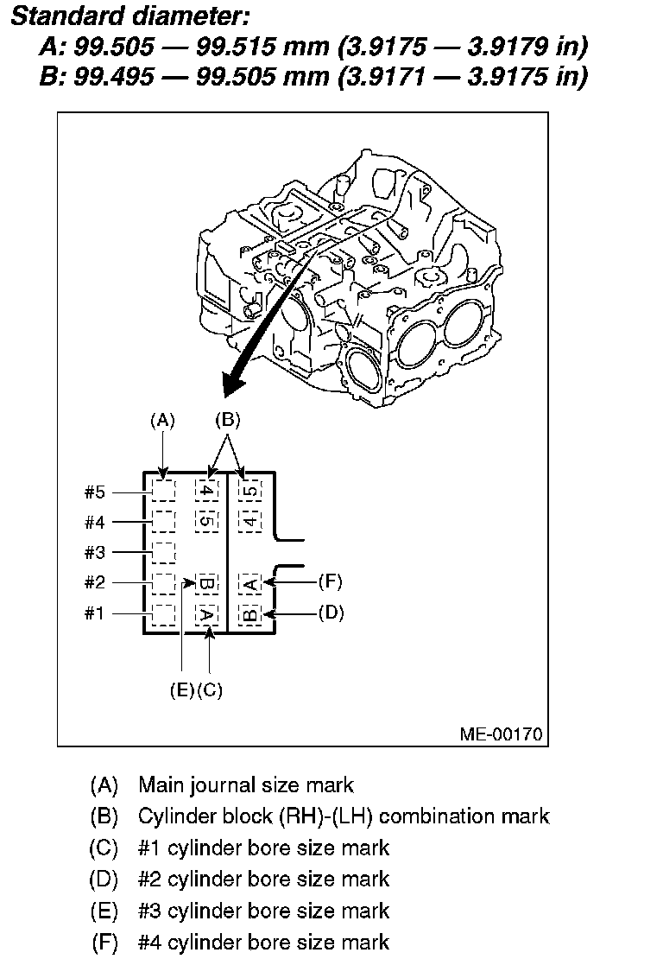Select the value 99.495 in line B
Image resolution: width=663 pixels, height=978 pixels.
(116, 77)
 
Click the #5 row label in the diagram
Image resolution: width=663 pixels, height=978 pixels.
(94, 492)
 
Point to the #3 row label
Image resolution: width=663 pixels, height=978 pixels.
(94, 552)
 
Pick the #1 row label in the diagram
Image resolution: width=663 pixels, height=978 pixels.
(94, 613)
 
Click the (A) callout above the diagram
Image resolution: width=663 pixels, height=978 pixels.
(162, 421)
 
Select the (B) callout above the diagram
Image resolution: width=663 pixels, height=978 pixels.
(226, 421)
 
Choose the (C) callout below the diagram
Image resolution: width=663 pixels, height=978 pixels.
(210, 689)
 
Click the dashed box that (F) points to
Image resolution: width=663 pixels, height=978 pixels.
(249, 583)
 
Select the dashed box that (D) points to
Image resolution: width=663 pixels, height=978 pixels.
(249, 614)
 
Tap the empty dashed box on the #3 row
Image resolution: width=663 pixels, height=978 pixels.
(163, 552)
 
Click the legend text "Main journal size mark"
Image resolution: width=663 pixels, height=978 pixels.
(246, 784)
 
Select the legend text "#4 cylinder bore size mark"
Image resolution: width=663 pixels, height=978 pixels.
(263, 942)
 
